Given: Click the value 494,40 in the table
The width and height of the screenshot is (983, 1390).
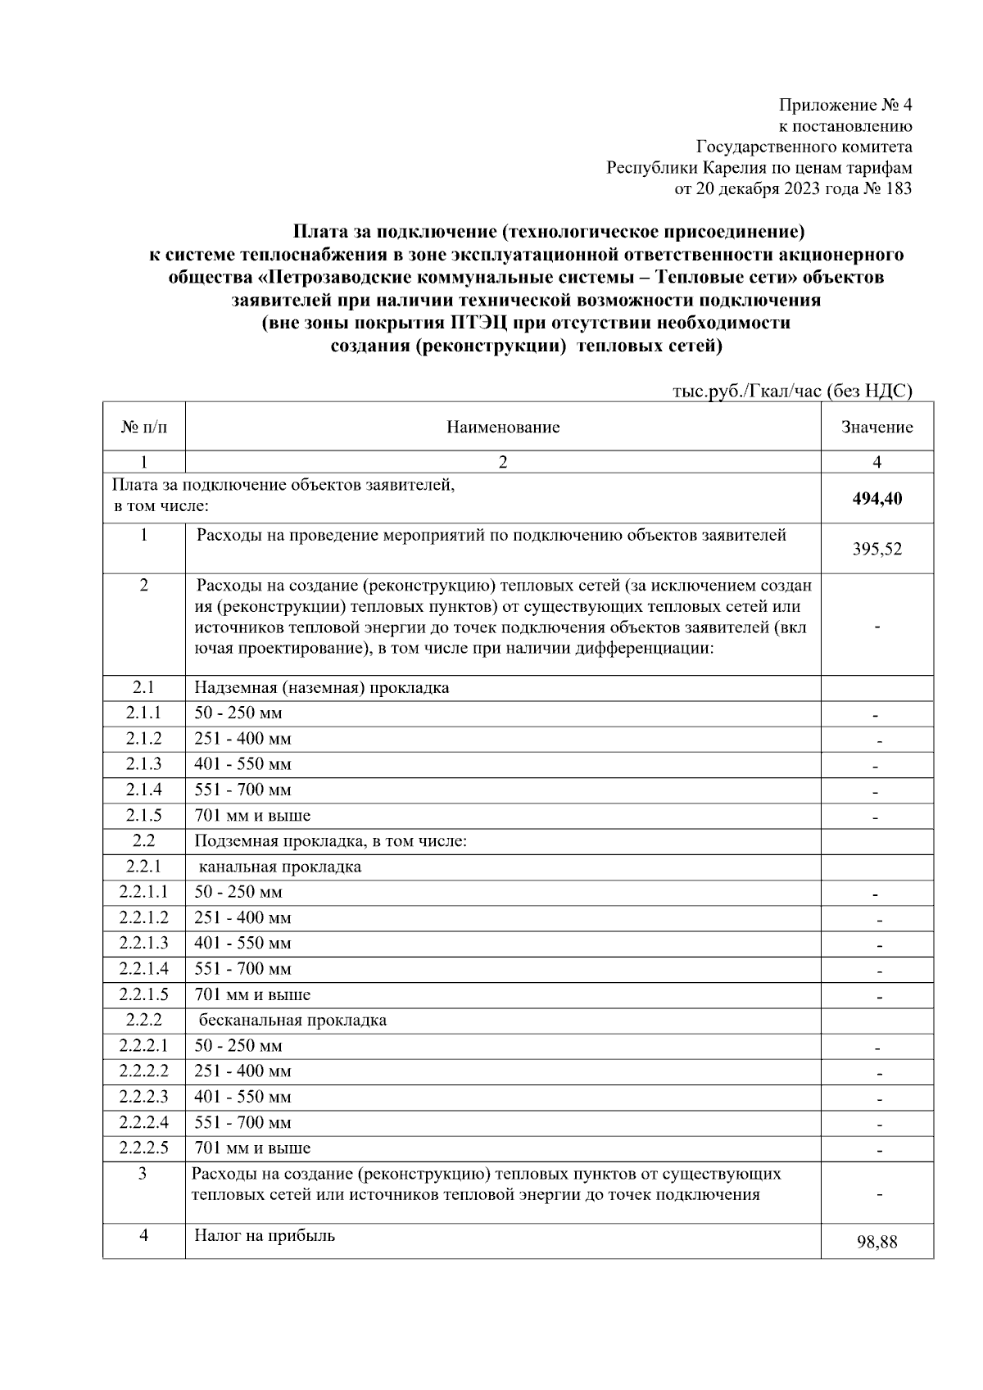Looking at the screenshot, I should click(x=877, y=499).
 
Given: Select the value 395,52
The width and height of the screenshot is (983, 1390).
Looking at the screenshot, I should click(x=877, y=550).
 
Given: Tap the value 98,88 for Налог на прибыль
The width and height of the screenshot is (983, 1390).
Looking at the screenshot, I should click(x=877, y=1243).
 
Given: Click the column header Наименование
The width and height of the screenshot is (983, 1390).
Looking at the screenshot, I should click(x=503, y=427).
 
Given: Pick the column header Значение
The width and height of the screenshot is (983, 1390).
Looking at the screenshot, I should click(x=877, y=427).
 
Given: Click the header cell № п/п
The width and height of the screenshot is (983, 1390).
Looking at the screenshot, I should click(x=143, y=427).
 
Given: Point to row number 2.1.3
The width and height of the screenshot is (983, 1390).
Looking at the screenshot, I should click(x=143, y=764).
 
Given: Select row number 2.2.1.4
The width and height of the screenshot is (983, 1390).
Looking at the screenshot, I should click(x=143, y=969).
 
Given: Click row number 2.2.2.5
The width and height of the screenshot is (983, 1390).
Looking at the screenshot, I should click(x=143, y=1148).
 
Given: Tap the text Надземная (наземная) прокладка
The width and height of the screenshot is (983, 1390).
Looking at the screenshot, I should click(x=321, y=687).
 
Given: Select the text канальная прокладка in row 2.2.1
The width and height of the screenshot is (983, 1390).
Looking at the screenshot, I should click(x=280, y=867).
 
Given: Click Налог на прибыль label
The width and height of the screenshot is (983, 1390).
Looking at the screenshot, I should click(x=265, y=1235).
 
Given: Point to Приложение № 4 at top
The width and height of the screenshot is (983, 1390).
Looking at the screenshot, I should click(x=845, y=106).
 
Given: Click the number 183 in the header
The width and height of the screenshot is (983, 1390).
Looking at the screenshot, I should click(x=898, y=189).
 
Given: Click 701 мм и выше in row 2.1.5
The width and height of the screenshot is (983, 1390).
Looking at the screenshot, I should click(x=252, y=816).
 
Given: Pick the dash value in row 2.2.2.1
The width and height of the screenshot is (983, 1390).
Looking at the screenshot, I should click(x=877, y=1048).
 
